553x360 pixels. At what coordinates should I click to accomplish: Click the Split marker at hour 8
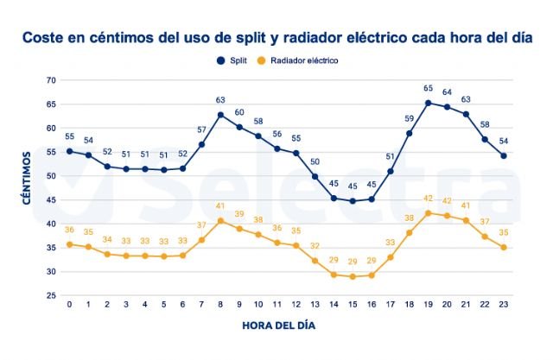click(x=220, y=115)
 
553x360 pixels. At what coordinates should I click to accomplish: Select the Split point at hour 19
click(x=429, y=104)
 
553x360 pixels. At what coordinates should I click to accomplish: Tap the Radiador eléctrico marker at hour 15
click(x=353, y=276)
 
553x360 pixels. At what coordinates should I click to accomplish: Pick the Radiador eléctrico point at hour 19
click(x=429, y=212)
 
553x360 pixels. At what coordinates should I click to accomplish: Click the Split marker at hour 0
click(x=69, y=151)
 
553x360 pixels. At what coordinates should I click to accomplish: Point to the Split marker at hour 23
click(x=504, y=156)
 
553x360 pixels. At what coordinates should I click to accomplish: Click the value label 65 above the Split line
click(x=429, y=89)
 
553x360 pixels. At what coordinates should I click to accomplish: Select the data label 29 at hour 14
click(x=334, y=260)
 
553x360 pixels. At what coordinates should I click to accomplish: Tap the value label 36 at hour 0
click(x=69, y=230)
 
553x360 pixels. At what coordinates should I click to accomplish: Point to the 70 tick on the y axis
click(x=50, y=80)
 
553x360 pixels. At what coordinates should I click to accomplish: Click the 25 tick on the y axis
click(x=50, y=295)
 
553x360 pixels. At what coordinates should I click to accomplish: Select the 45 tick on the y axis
click(x=50, y=199)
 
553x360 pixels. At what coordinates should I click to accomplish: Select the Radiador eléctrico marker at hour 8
click(x=220, y=221)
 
